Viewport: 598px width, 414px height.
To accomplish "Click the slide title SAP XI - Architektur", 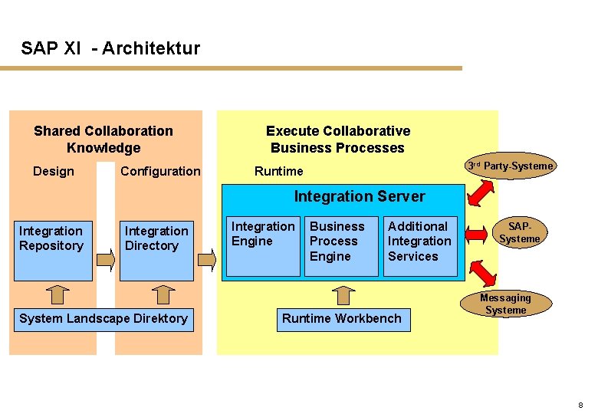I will [110, 49].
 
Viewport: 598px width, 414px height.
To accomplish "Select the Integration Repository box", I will [52, 250].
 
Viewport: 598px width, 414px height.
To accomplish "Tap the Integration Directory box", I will [157, 250].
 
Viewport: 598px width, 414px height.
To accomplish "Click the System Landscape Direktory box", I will [103, 319].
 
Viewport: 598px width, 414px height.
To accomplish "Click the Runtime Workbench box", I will [341, 319].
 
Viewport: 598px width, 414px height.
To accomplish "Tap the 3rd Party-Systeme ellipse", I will [511, 166].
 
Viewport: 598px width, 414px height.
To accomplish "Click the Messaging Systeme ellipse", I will [505, 304].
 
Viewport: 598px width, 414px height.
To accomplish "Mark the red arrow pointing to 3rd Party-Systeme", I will [480, 191].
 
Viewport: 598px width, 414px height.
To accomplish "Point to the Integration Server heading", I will [360, 197].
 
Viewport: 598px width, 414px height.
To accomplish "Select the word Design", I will [54, 172].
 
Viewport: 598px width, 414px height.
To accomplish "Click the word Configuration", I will [160, 172].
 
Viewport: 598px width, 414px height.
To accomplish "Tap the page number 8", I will [580, 405].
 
